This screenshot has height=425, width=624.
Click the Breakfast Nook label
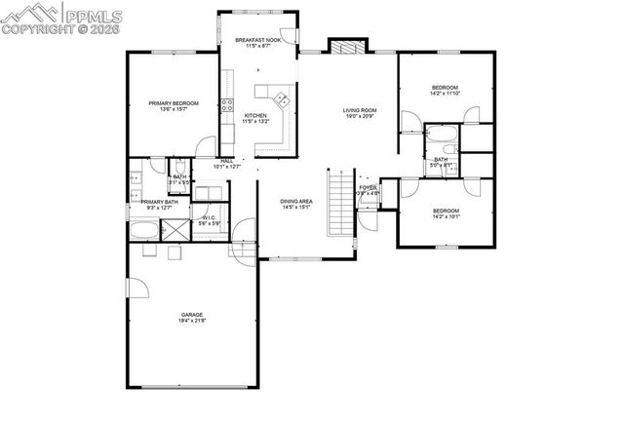[256, 40]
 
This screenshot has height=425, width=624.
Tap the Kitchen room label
[254, 116]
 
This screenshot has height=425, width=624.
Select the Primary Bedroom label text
[174, 103]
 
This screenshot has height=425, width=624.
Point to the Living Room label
[359, 110]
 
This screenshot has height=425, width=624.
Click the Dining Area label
[295, 201]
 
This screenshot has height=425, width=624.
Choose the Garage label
[191, 314]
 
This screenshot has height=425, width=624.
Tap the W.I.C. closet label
[208, 218]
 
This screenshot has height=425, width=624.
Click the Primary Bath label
[158, 202]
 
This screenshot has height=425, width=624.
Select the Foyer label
[368, 187]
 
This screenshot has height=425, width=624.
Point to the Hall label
[227, 161]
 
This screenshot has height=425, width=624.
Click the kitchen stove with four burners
[226, 107]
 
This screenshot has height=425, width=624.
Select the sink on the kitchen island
[281, 97]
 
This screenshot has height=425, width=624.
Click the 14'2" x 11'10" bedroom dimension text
[445, 94]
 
